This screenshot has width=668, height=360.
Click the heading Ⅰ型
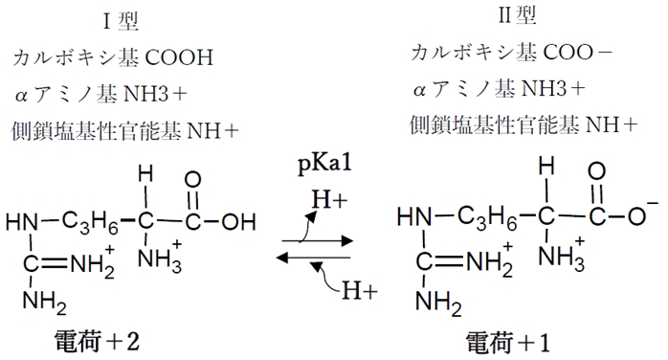coord(125,21)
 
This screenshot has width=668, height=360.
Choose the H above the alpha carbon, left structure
coord(145,176)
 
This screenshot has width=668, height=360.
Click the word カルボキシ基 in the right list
coord(456,52)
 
